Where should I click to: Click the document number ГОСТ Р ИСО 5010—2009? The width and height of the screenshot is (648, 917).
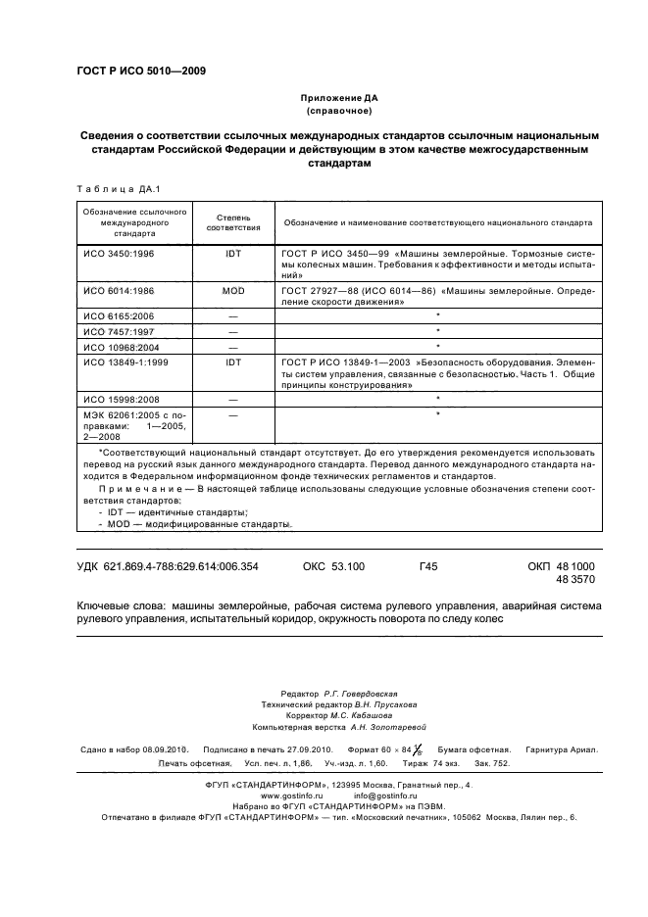coord(140,70)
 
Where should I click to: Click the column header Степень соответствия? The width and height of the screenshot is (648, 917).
coord(233,221)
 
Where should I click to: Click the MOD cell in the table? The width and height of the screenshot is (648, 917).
coord(233,291)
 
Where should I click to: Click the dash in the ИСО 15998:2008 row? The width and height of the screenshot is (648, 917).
coord(233,400)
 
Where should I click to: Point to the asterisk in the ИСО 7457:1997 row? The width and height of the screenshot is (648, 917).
coord(437,332)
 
